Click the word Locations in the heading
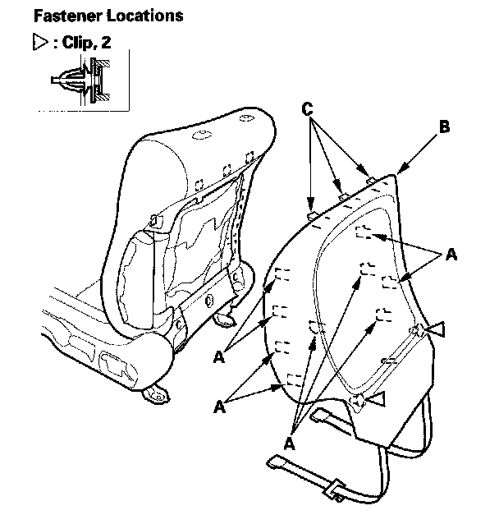[x=141, y=16]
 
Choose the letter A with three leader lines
[x=289, y=443]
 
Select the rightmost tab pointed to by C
[x=369, y=180]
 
